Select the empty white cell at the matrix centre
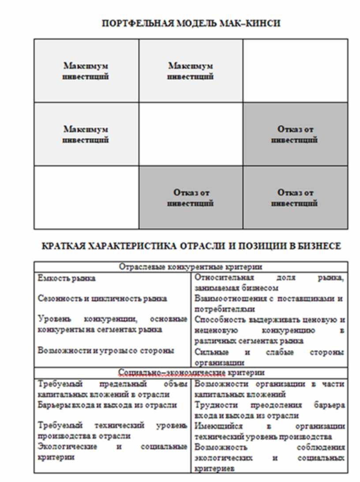(191, 134)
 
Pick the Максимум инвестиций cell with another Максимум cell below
(86, 71)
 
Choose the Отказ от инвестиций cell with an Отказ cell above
(295, 198)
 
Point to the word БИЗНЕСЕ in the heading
(321, 246)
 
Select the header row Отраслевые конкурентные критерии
(191, 267)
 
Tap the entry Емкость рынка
(67, 279)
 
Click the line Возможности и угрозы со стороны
(106, 350)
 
